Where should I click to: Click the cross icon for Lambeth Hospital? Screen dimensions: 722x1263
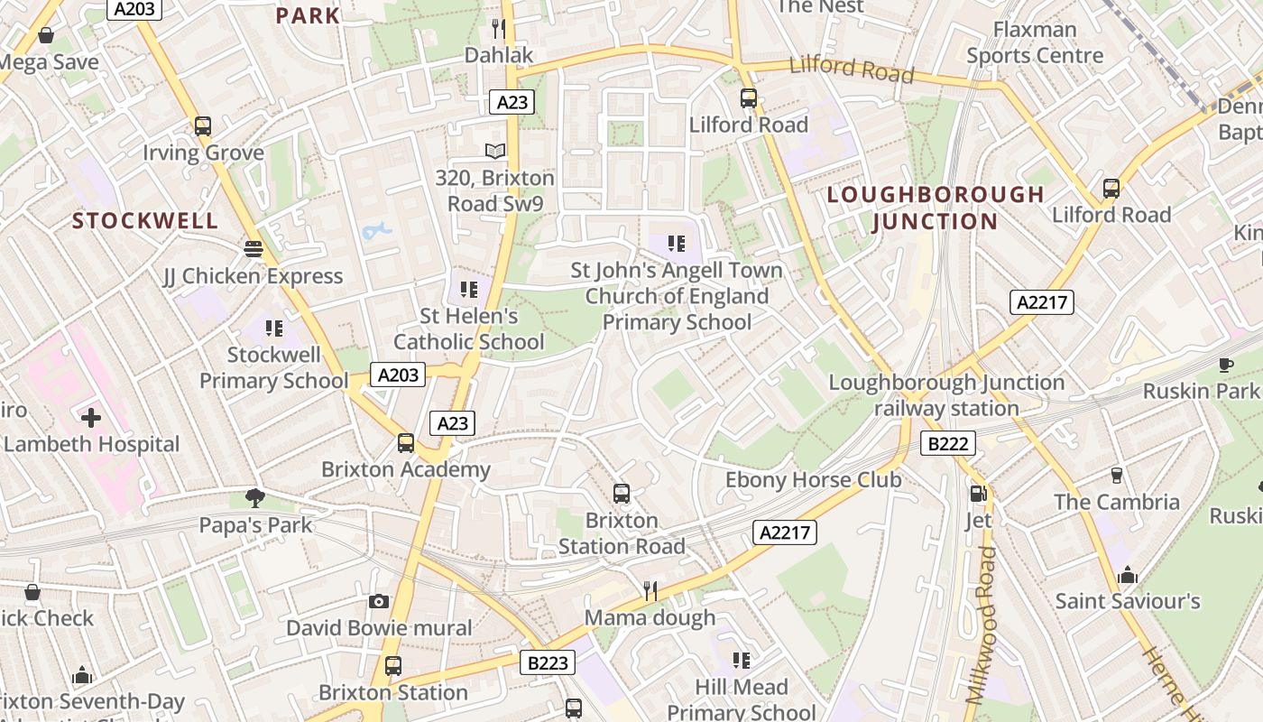[91, 418]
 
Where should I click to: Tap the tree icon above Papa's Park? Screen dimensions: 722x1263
[255, 497]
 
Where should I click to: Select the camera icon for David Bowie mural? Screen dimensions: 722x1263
[379, 601]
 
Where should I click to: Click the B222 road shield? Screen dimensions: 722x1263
[948, 443]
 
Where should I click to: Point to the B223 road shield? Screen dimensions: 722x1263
[548, 663]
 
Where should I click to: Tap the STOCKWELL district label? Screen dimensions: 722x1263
[145, 221]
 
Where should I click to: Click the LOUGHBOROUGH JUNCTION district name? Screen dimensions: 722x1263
[936, 208]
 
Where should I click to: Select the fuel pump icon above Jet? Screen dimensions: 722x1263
[978, 494]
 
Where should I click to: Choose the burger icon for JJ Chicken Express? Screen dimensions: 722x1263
[254, 248]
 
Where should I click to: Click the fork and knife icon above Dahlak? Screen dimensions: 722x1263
[499, 28]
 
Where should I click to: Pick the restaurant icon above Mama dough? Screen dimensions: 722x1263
[650, 591]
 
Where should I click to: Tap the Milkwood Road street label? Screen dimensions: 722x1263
[981, 625]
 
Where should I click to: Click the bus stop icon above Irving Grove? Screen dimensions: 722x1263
[203, 126]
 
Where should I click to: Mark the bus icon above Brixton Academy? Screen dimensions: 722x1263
[406, 443]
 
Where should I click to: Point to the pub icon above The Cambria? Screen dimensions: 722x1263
[1116, 475]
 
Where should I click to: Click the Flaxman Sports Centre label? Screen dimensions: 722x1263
[1035, 42]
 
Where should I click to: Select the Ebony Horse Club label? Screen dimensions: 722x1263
[814, 479]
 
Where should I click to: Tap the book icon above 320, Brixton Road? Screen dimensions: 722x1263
[495, 151]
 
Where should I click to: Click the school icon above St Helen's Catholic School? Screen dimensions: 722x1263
[468, 290]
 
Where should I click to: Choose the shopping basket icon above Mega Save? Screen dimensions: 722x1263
[46, 36]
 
